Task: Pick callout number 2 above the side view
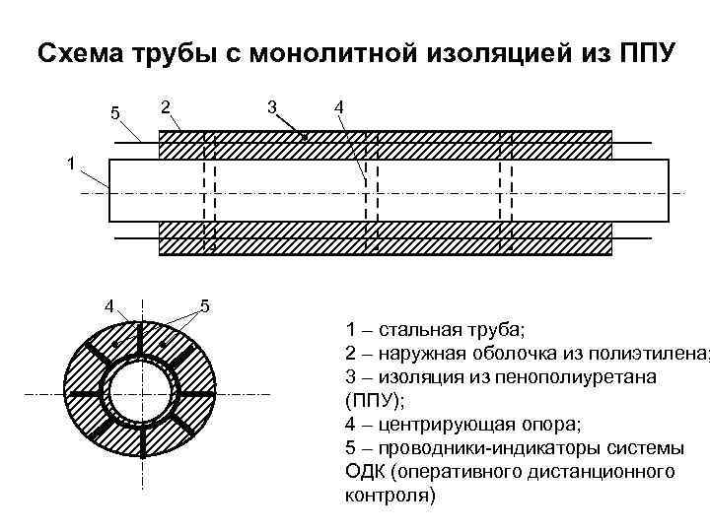pyautogui.click(x=166, y=105)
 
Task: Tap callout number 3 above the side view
pyautogui.click(x=270, y=105)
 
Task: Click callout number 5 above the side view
pyautogui.click(x=115, y=113)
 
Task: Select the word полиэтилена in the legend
pyautogui.click(x=652, y=353)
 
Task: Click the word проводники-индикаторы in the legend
pyautogui.click(x=478, y=447)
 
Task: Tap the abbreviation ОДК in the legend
pyautogui.click(x=363, y=471)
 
